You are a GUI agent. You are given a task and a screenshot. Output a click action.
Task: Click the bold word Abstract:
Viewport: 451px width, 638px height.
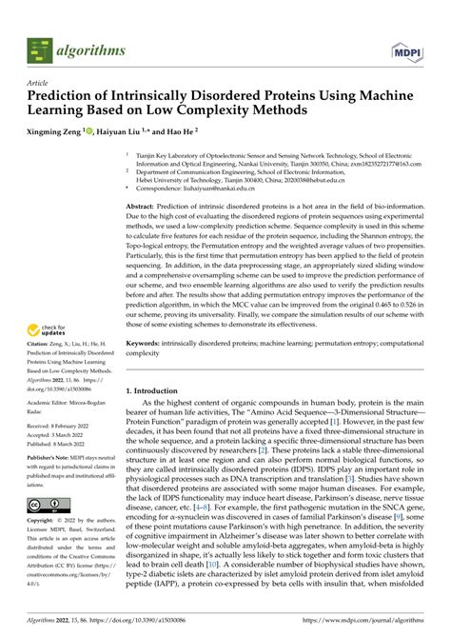[143, 206]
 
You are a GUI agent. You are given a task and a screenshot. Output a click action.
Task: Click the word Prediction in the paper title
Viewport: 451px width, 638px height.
[60, 97]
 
